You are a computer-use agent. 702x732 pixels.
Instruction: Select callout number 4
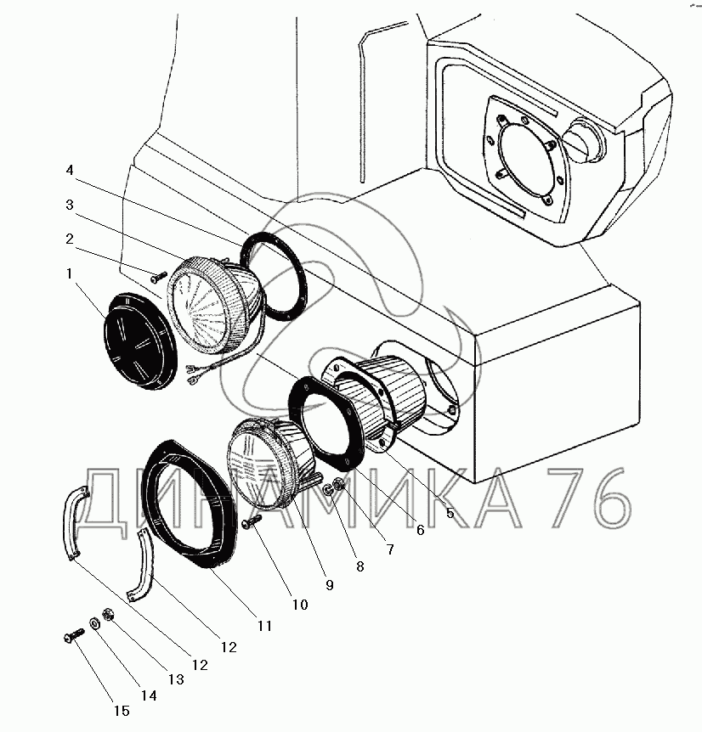[x=71, y=171]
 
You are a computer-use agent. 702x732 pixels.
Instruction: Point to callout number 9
[x=329, y=585]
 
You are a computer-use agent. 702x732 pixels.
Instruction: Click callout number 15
[x=123, y=711]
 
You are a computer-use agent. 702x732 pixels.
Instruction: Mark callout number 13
[x=176, y=679]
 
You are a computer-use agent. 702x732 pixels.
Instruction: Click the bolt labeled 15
[x=73, y=634]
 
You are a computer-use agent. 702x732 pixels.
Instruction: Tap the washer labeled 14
[x=96, y=624]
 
